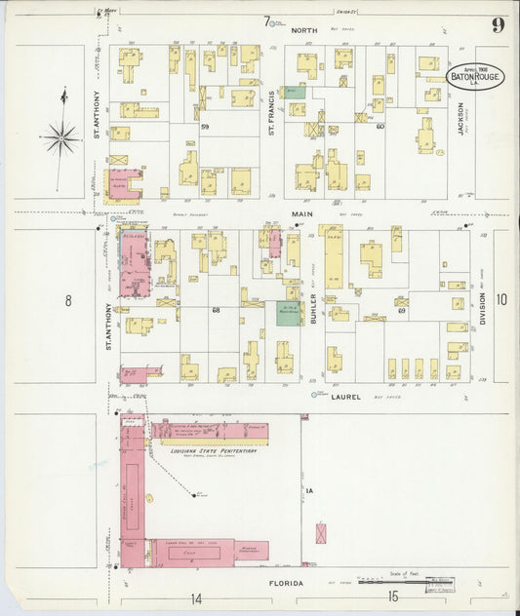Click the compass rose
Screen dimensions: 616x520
[x=60, y=137]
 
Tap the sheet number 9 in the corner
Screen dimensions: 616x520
[x=498, y=25]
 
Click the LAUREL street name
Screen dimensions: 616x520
[x=345, y=397]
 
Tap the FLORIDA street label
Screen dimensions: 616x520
[x=286, y=583]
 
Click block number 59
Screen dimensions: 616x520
[x=205, y=127]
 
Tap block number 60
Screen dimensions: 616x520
[x=380, y=127]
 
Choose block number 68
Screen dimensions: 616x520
[x=215, y=310]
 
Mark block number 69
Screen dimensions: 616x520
[x=400, y=310]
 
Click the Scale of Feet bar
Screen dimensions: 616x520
[x=390, y=582]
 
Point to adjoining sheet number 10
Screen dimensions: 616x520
[x=501, y=300]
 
